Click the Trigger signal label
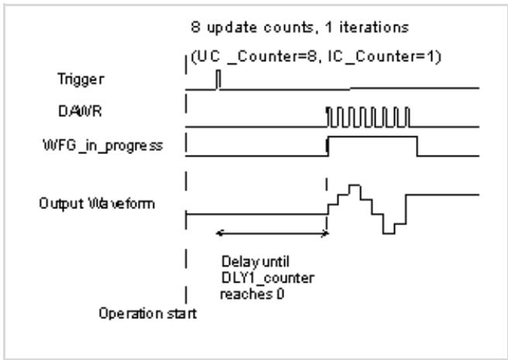click(81, 80)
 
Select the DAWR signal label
click(80, 111)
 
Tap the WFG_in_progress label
click(103, 146)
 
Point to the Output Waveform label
click(97, 204)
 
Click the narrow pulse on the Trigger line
click(218, 79)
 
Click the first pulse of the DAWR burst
click(330, 117)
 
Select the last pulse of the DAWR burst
click(408, 117)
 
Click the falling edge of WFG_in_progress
click(417, 146)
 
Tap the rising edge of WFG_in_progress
click(328, 146)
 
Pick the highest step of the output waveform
click(355, 185)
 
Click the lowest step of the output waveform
click(389, 233)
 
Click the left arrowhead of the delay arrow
click(220, 233)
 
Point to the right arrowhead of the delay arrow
click(325, 233)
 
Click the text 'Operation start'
click(148, 314)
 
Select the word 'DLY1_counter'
click(268, 278)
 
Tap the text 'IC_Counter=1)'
click(385, 57)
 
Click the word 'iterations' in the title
click(374, 27)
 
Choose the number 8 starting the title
click(195, 27)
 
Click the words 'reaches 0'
click(252, 294)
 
